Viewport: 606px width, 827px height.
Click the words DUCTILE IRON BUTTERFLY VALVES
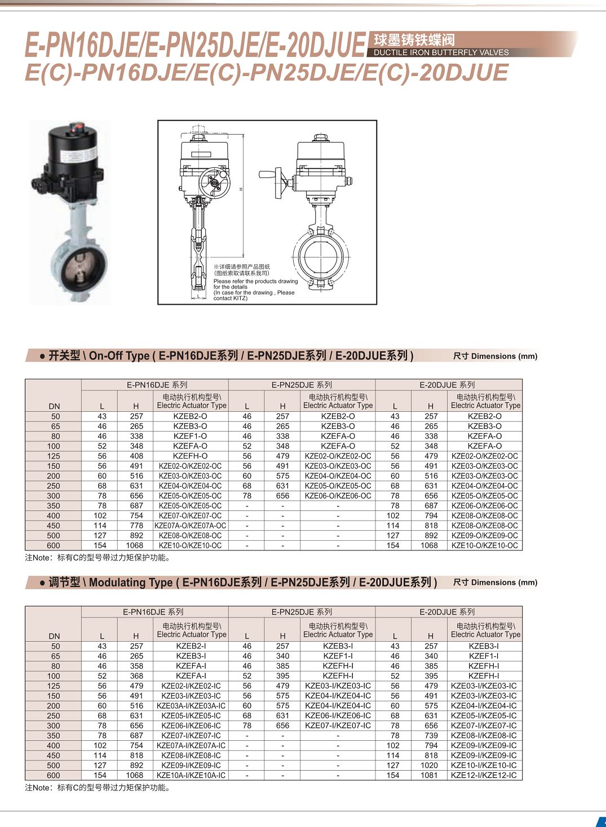pyautogui.click(x=441, y=52)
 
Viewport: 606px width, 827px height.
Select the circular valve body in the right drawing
pyautogui.click(x=321, y=257)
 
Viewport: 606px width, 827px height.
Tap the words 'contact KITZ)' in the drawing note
pyautogui.click(x=230, y=298)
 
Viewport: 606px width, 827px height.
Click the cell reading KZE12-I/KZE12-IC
pyautogui.click(x=484, y=775)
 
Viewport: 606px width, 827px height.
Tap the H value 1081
pyautogui.click(x=429, y=775)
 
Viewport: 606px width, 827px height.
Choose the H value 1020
pyautogui.click(x=429, y=765)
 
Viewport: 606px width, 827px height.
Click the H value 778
pyautogui.click(x=136, y=526)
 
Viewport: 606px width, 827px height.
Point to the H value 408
pyautogui.click(x=136, y=456)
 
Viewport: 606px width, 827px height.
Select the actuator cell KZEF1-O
pyautogui.click(x=191, y=436)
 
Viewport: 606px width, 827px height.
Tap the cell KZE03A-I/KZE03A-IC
pyautogui.click(x=191, y=705)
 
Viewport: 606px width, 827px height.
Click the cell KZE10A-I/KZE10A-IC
pyautogui.click(x=191, y=775)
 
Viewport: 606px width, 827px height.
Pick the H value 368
pyautogui.click(x=136, y=675)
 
